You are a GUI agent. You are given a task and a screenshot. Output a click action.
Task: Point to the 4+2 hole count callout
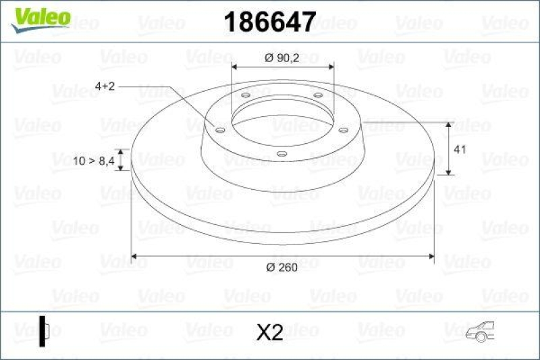pyautogui.click(x=106, y=86)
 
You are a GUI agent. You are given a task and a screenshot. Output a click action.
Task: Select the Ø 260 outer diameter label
pyautogui.click(x=282, y=268)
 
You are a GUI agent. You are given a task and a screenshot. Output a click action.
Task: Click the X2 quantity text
pyautogui.click(x=270, y=332)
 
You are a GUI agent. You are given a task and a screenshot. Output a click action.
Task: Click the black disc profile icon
pyautogui.click(x=45, y=331)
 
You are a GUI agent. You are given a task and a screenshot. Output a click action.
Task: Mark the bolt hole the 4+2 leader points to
pyautogui.click(x=220, y=128)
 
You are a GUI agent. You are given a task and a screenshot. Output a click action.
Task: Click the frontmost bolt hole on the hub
pyautogui.click(x=281, y=154)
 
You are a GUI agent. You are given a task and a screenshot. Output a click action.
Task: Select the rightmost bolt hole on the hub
pyautogui.click(x=342, y=130)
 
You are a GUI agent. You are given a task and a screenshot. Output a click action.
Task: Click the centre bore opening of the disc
pyautogui.click(x=282, y=122)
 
